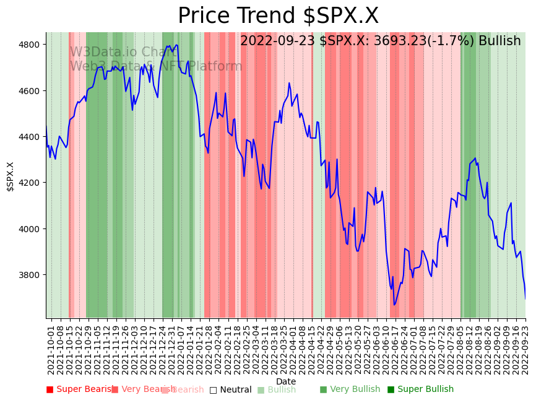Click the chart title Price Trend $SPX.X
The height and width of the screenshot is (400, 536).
(x=278, y=16)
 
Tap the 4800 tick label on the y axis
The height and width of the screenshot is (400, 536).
(x=31, y=45)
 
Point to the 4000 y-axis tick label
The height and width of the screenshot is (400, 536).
(x=31, y=229)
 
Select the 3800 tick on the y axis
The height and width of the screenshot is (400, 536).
(x=31, y=275)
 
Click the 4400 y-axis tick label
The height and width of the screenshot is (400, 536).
(x=31, y=137)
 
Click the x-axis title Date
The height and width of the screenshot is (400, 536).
(x=286, y=381)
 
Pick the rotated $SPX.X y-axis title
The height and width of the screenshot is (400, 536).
(x=11, y=176)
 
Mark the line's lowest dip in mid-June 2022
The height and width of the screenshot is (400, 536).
(x=394, y=305)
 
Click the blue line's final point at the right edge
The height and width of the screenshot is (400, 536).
(x=525, y=298)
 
